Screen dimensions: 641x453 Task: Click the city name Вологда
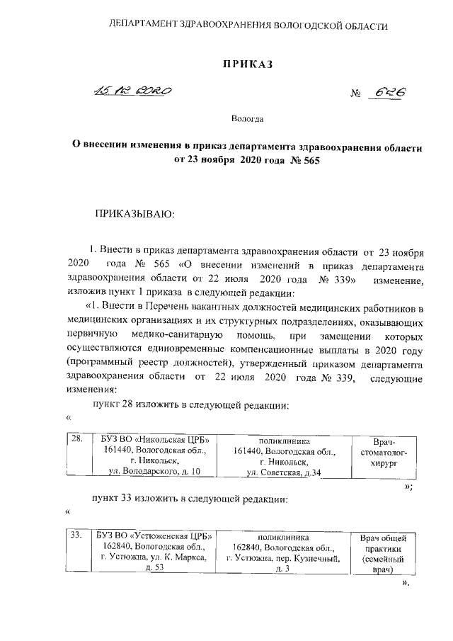tap(247, 120)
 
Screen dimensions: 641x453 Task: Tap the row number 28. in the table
tap(78, 439)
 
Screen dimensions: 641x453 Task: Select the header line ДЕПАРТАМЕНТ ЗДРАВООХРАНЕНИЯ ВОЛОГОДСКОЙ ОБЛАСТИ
tap(247, 26)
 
